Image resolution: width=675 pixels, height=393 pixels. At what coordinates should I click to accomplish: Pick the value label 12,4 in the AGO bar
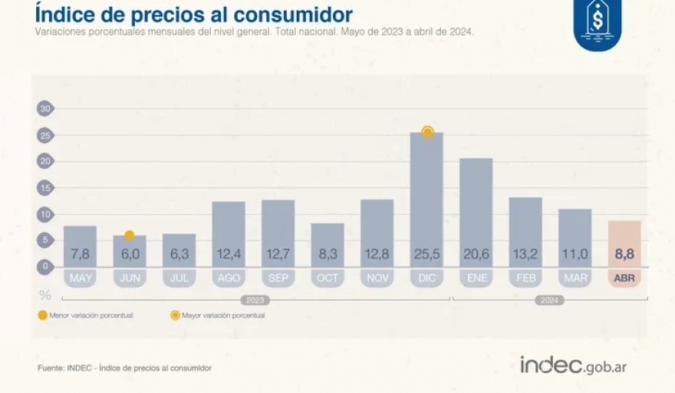pos(229,254)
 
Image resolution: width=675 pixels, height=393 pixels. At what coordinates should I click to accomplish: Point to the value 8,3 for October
pos(328,254)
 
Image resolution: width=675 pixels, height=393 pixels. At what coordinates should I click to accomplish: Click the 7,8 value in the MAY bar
pos(80,254)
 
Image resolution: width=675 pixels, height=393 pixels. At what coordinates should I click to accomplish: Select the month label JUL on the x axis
pos(179,278)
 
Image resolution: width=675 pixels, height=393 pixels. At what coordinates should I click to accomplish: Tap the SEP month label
pos(278,278)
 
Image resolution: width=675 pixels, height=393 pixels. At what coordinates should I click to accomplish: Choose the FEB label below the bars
pos(525,278)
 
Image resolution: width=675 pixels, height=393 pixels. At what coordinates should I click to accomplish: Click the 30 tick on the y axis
pos(45,109)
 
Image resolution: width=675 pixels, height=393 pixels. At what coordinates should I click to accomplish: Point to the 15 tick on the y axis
pos(45,188)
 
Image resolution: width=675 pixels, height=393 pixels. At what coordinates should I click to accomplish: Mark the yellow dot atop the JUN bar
pos(130,235)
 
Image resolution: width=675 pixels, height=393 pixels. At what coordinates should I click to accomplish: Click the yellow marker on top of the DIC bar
pos(427,132)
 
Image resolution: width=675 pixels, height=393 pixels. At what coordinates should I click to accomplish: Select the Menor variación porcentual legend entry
pos(86,315)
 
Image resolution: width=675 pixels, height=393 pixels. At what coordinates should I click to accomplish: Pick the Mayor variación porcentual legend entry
pos(219,315)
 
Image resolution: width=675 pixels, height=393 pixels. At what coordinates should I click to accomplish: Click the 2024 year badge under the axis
pos(550,300)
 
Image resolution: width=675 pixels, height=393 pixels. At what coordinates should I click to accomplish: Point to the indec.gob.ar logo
pos(574,365)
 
